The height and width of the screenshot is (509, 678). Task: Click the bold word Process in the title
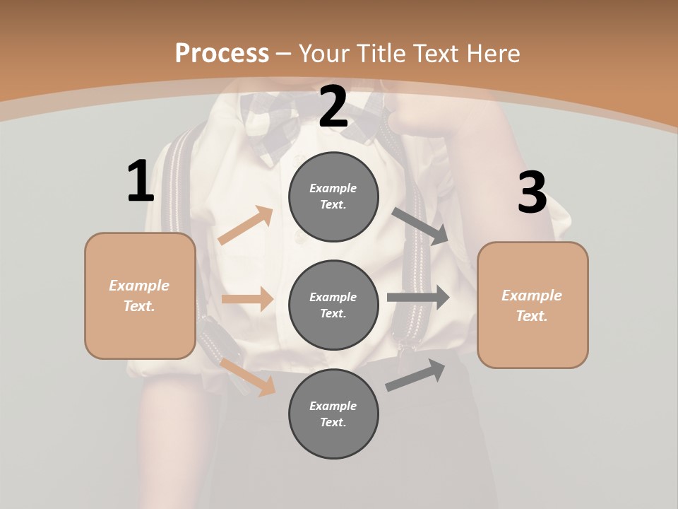coord(222,53)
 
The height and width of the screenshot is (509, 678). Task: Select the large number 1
coord(141,182)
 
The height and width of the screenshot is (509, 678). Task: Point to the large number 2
coord(333,107)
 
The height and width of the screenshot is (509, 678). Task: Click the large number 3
coord(532,193)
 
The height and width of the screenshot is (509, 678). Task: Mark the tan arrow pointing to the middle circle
coord(247,299)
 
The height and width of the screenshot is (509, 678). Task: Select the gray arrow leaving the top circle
coord(421,226)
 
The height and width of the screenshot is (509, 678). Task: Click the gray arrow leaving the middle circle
coord(418,298)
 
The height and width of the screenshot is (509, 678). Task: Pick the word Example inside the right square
coord(532,296)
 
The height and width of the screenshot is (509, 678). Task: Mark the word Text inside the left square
coord(139,306)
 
